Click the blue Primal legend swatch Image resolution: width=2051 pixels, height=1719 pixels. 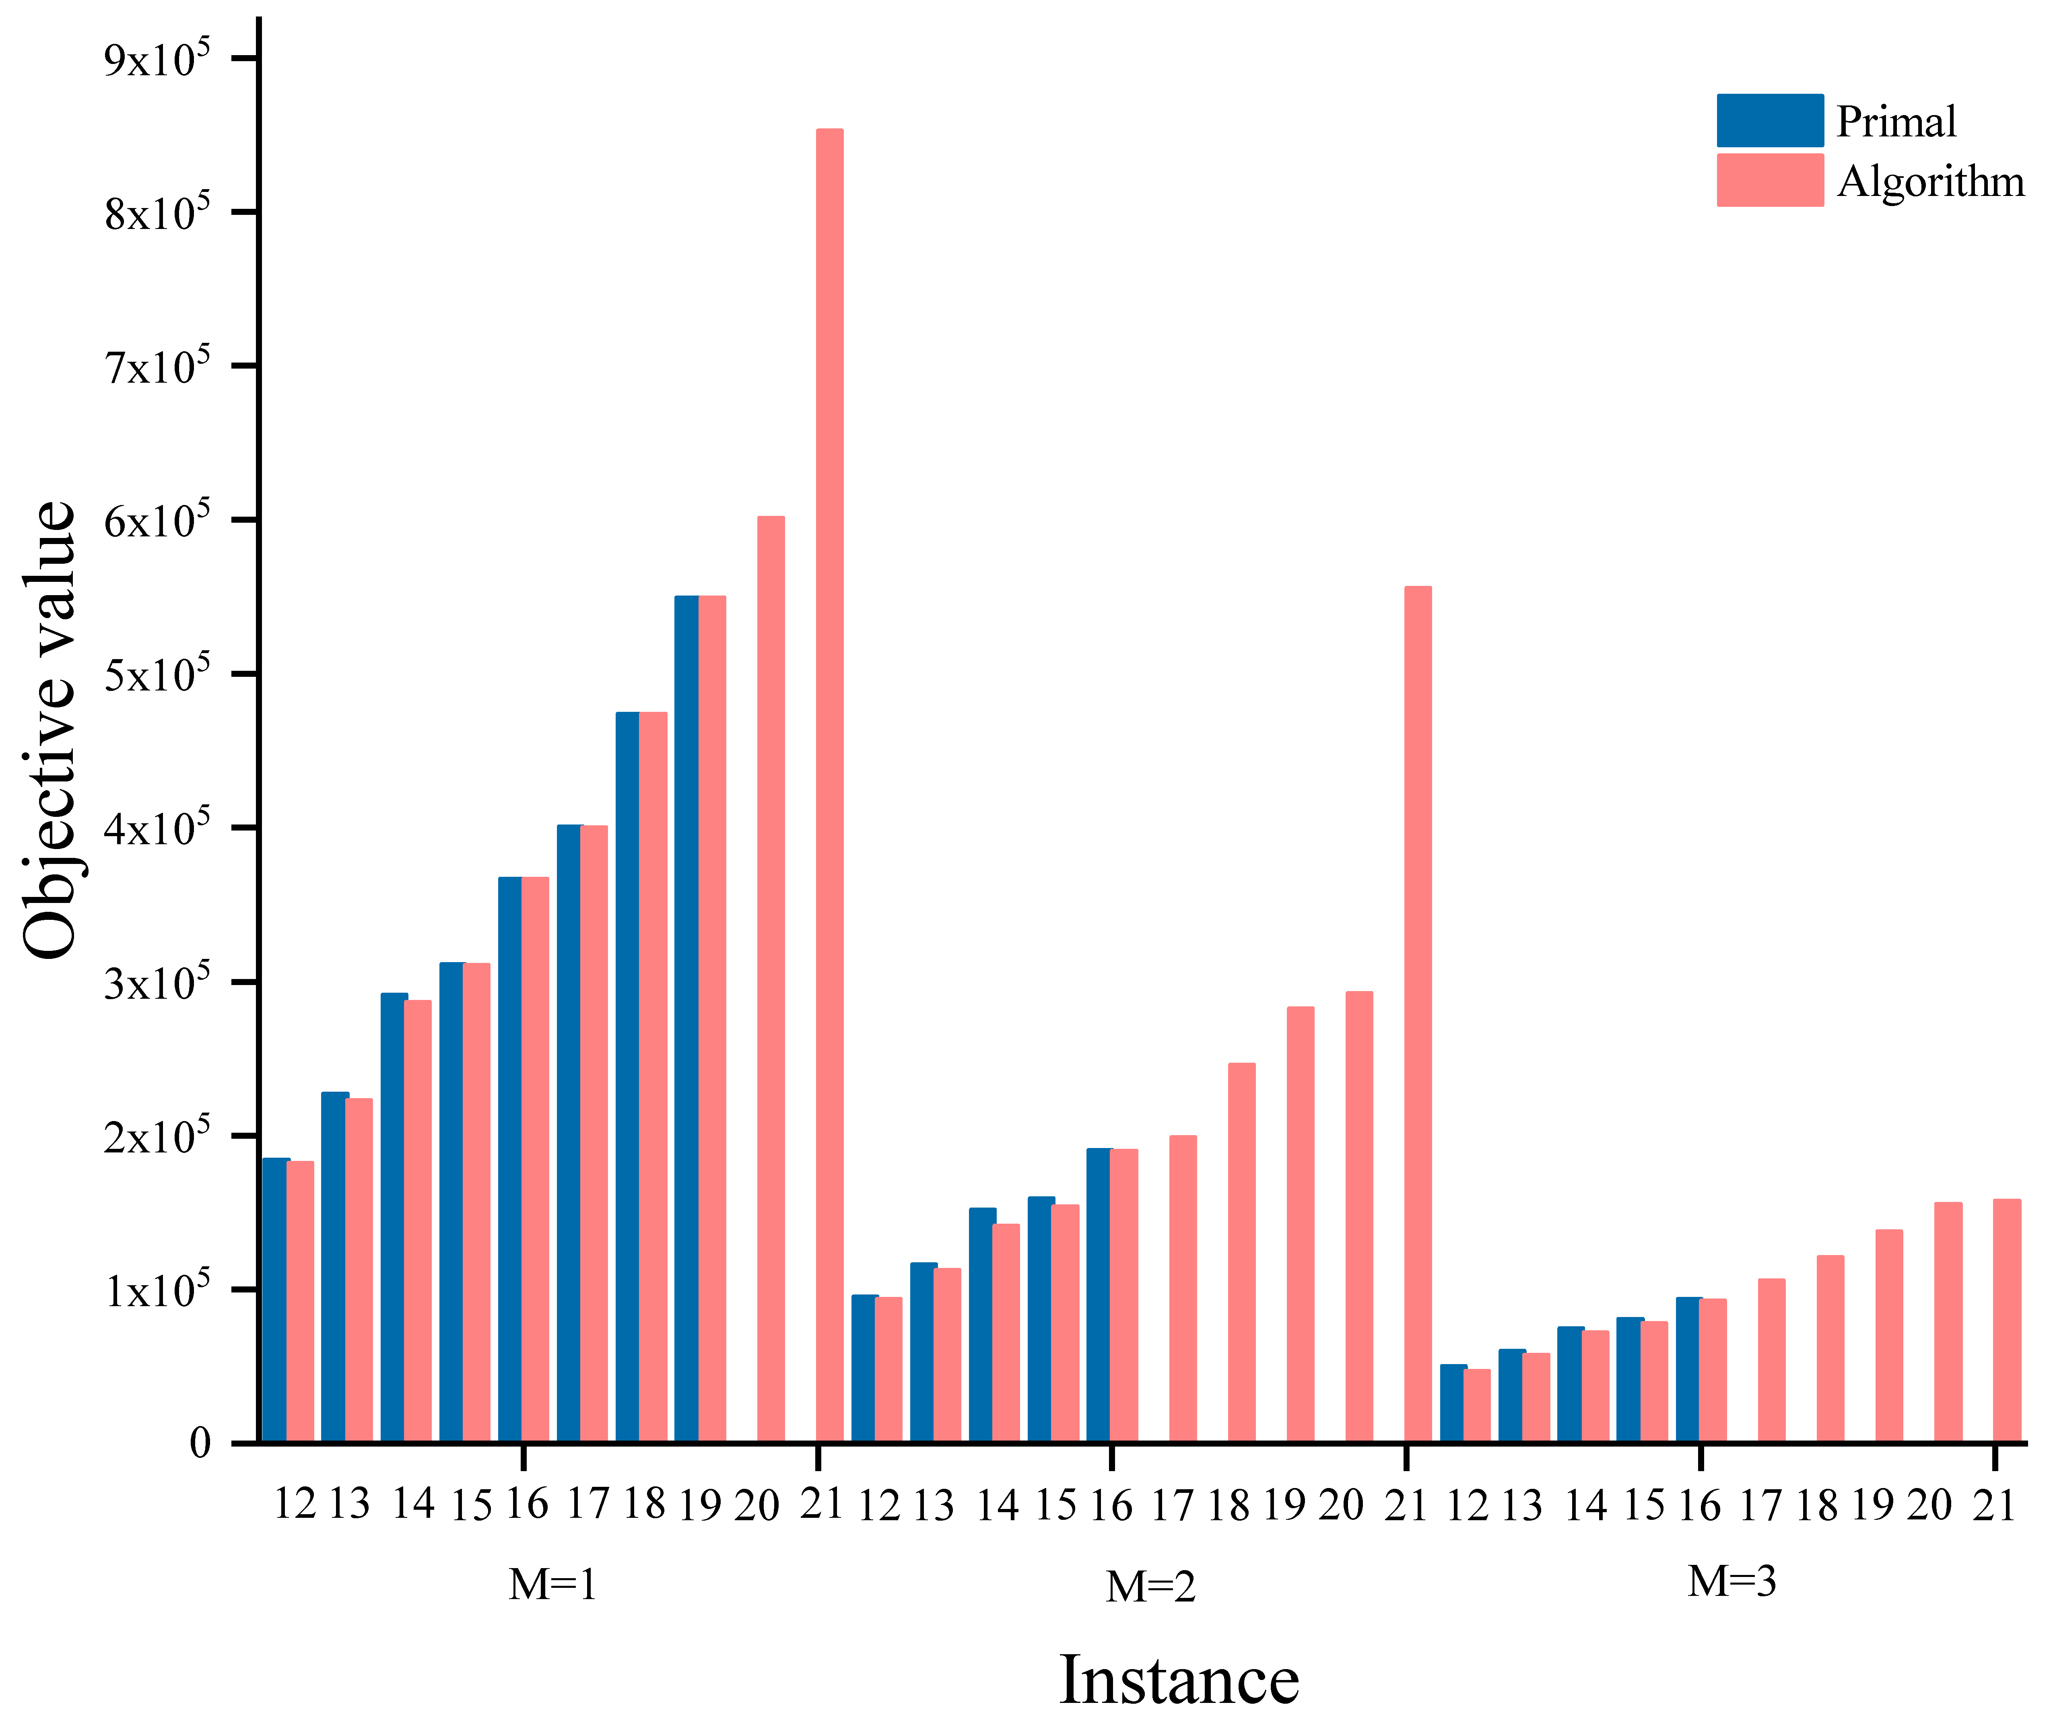click(1769, 120)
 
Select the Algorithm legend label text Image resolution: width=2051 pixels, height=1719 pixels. click(1930, 181)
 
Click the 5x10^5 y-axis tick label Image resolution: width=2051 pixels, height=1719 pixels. click(156, 674)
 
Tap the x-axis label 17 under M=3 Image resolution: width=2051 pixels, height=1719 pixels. click(1760, 1505)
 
